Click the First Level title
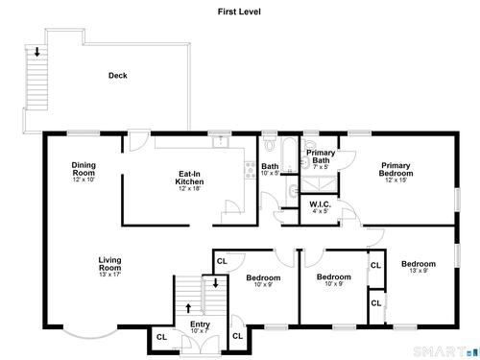point(239,12)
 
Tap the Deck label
point(118,76)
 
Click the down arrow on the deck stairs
point(37,52)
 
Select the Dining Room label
point(84,169)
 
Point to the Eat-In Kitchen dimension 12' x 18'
point(189,188)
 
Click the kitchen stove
point(251,170)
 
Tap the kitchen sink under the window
point(221,141)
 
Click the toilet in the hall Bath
point(270,144)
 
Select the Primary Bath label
point(321,156)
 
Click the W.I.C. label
point(320,204)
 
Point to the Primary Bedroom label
point(396,169)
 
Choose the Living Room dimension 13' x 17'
point(109,275)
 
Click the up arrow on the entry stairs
point(188,308)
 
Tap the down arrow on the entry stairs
point(216,283)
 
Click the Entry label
point(200,324)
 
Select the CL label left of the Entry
point(161,337)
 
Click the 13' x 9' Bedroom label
point(419,264)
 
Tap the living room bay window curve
point(90,337)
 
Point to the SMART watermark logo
point(444,351)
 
